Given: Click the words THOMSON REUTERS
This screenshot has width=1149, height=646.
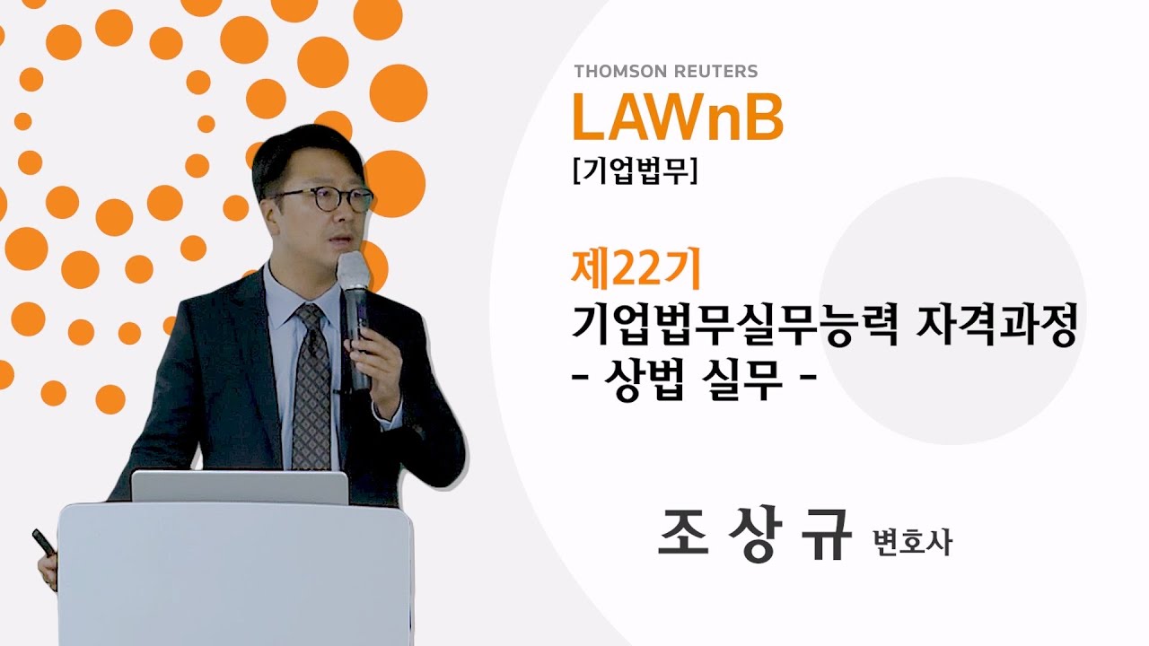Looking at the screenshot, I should click(x=665, y=71).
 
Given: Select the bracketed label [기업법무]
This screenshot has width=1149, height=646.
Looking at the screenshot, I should click(x=634, y=171).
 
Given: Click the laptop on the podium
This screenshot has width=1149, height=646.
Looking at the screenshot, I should click(x=239, y=486).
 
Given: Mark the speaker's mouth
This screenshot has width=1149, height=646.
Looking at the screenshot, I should click(x=338, y=243).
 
